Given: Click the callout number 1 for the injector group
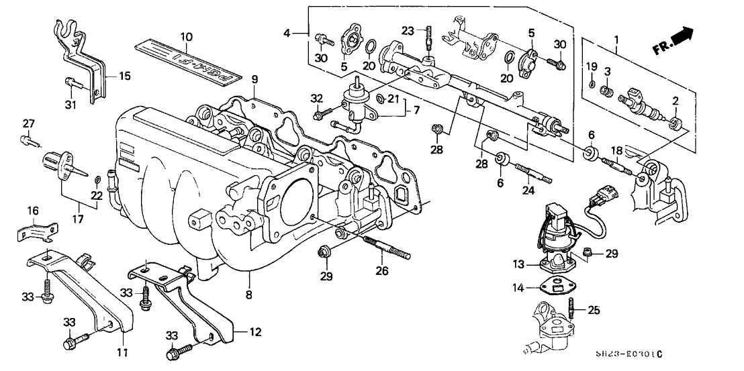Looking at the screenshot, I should click(x=616, y=41).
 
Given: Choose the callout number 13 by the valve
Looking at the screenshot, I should click(x=518, y=265).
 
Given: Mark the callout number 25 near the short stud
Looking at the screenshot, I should click(x=594, y=311).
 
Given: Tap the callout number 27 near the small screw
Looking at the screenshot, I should click(x=28, y=123).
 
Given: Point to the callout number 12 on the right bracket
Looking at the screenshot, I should click(x=254, y=332).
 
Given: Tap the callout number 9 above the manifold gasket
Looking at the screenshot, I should click(x=254, y=80).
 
